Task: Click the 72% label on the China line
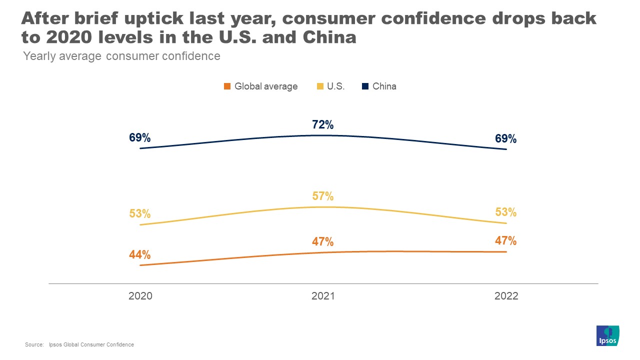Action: pyautogui.click(x=323, y=125)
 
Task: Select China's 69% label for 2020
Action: pyautogui.click(x=140, y=137)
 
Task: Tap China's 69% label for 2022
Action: pyautogui.click(x=505, y=139)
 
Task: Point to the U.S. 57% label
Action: pyautogui.click(x=323, y=196)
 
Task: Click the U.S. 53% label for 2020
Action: pyautogui.click(x=140, y=214)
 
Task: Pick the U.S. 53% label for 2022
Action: pyautogui.click(x=505, y=212)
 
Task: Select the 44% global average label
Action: pyautogui.click(x=140, y=254)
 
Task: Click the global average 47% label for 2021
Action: pyautogui.click(x=323, y=242)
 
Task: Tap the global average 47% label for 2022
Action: pyautogui.click(x=505, y=241)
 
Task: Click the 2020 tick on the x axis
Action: pyautogui.click(x=140, y=296)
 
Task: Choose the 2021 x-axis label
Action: pyautogui.click(x=323, y=296)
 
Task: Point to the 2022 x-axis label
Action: pyautogui.click(x=506, y=296)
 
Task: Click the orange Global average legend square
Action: pyautogui.click(x=227, y=86)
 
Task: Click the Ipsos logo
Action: pyautogui.click(x=608, y=335)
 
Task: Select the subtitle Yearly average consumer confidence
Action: pyautogui.click(x=122, y=56)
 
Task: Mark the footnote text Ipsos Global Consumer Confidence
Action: pyautogui.click(x=91, y=345)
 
